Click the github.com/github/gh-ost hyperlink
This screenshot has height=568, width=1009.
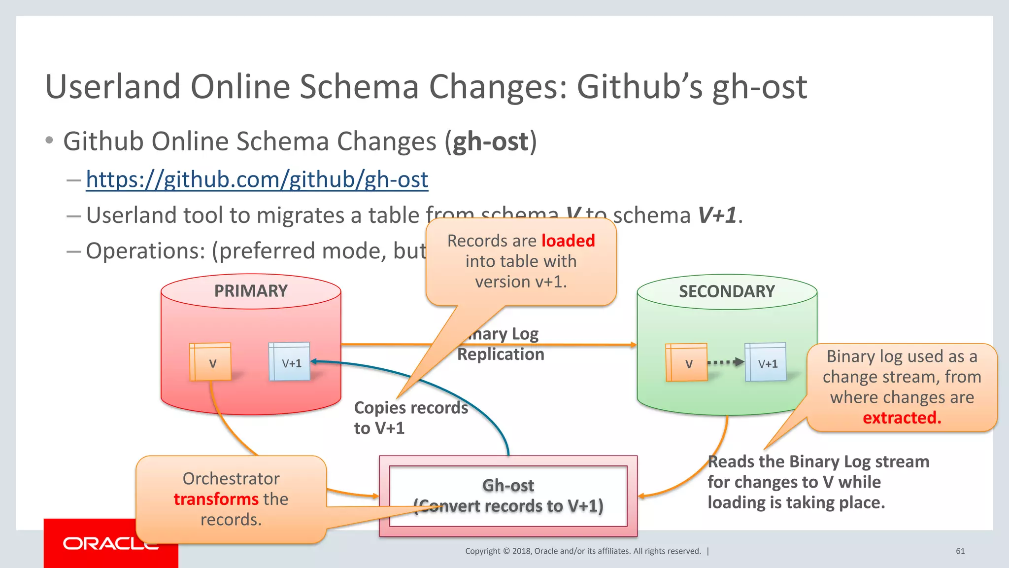257,179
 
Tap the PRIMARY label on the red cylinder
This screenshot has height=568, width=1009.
251,291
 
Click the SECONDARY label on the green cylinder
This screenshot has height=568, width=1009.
727,291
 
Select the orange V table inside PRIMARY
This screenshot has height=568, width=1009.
210,362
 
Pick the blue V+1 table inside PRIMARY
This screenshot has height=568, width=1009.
290,362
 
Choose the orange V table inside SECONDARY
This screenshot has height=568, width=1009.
686,363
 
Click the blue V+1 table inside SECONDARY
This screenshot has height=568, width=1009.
766,363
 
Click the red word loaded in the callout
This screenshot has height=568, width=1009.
568,241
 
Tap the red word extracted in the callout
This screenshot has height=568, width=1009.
902,418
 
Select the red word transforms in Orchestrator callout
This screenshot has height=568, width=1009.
216,499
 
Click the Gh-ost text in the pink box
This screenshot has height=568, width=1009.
508,486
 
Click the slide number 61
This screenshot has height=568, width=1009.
960,551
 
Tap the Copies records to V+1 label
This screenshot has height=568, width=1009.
410,418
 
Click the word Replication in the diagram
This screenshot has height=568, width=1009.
501,355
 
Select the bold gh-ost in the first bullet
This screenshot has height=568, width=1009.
490,142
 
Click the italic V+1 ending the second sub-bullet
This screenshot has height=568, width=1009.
717,215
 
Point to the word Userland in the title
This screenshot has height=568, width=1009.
113,87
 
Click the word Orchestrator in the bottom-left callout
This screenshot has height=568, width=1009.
231,479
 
